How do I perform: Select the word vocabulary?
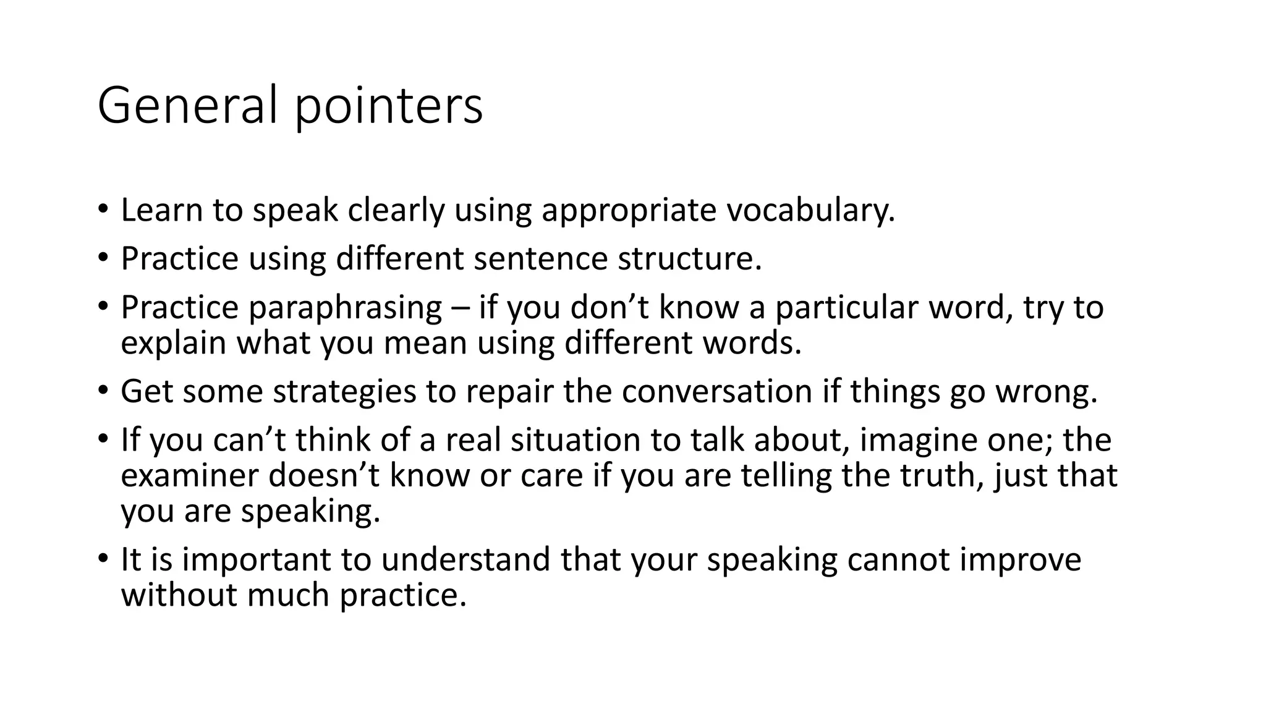810,211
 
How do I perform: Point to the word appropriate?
629,211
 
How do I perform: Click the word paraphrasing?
346,308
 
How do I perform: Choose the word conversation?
716,391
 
